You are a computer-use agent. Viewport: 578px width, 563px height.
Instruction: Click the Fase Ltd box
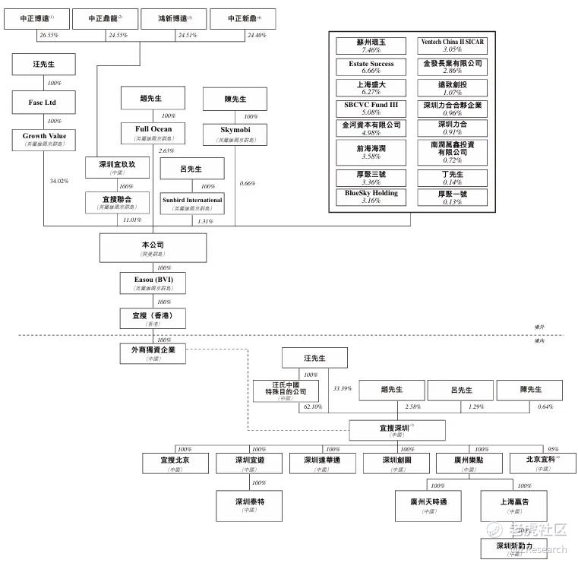[43, 103]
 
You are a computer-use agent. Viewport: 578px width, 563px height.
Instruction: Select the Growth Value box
[43, 139]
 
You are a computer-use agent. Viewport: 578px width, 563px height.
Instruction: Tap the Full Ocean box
[153, 133]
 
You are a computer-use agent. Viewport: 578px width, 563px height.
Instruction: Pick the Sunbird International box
[192, 203]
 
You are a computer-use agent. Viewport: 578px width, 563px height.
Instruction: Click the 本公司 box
[153, 248]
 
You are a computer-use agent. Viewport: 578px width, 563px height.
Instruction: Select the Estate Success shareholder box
[371, 67]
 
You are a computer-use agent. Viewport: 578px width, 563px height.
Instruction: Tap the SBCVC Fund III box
[371, 108]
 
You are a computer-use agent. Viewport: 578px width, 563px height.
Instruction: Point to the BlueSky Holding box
[371, 197]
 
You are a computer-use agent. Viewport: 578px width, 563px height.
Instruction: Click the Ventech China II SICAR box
[452, 46]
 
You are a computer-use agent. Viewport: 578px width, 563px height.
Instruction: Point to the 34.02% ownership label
[58, 182]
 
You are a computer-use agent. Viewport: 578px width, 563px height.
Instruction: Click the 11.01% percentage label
[131, 220]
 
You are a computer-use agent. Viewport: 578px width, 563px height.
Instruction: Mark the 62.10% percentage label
[311, 407]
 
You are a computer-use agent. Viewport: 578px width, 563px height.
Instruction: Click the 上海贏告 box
[514, 505]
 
